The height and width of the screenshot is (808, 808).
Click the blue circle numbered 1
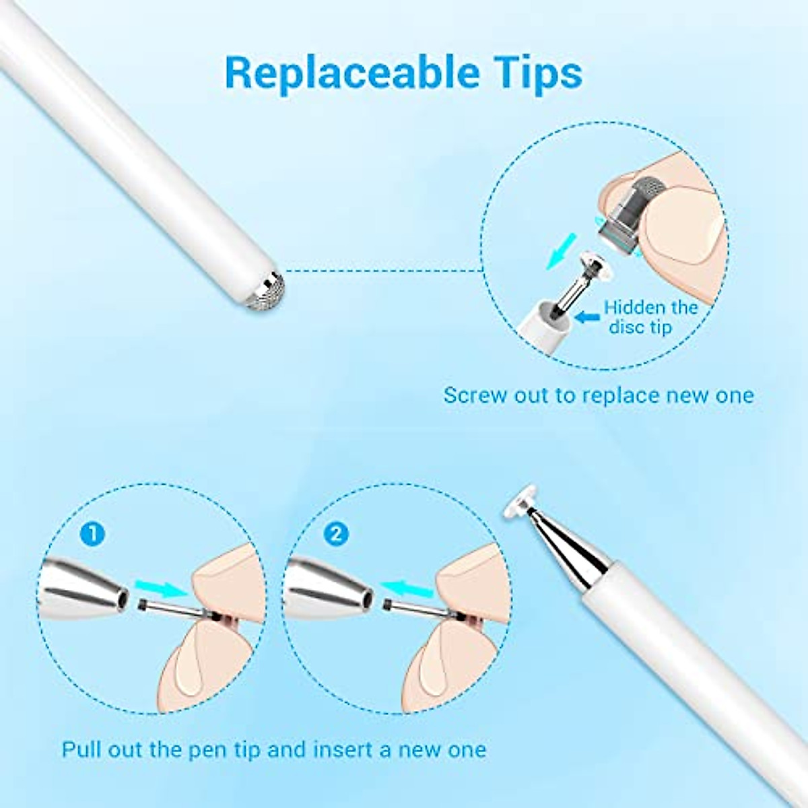pyautogui.click(x=93, y=534)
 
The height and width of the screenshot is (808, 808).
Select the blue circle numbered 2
pyautogui.click(x=335, y=534)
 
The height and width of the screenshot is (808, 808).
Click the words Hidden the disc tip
pyautogui.click(x=650, y=317)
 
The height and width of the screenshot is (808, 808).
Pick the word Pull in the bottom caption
pyautogui.click(x=81, y=749)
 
